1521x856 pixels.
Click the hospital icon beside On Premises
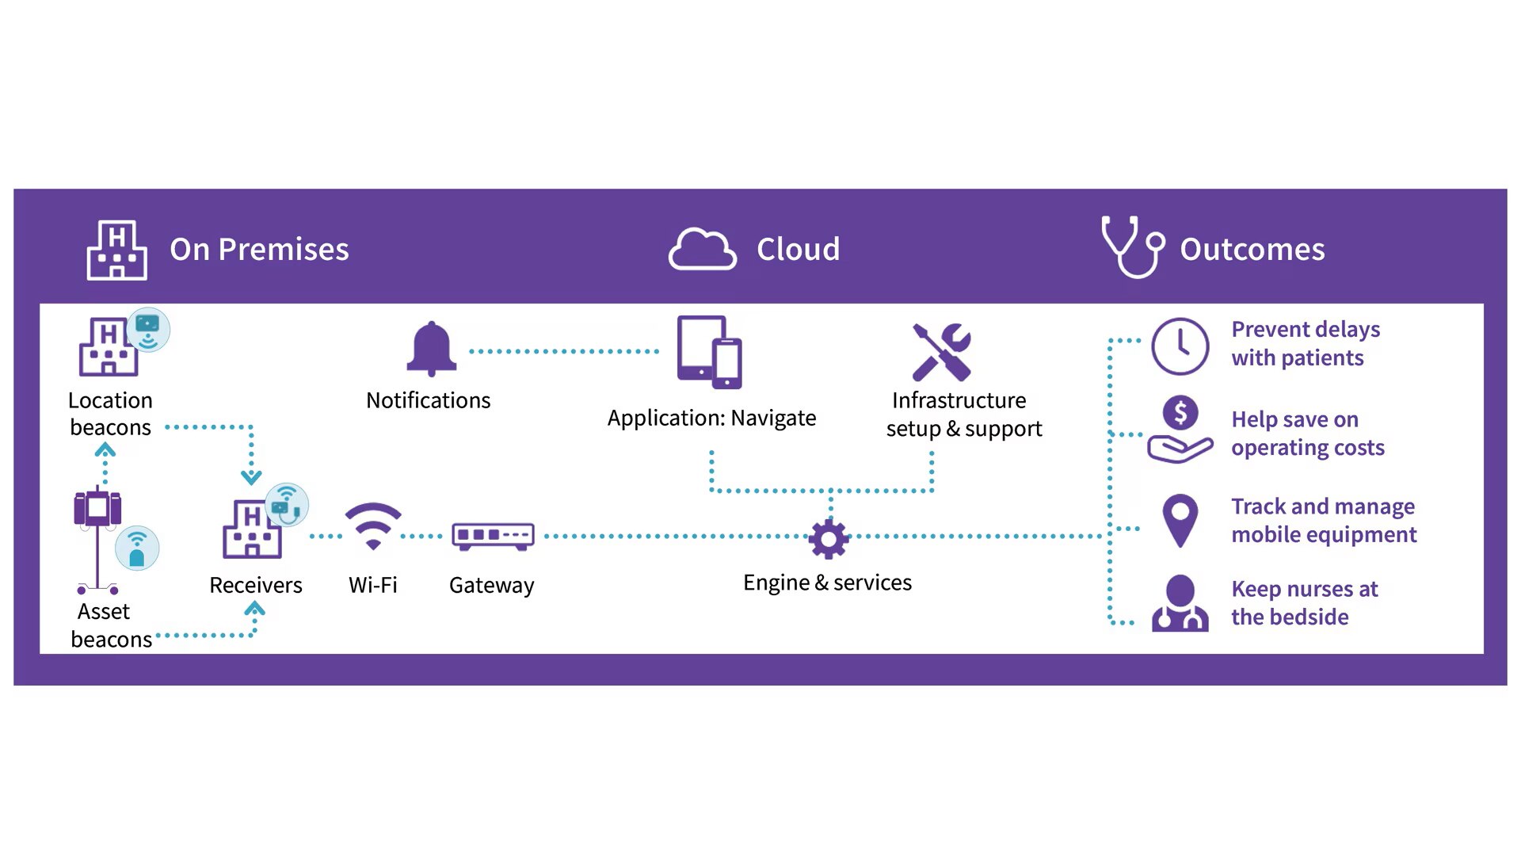click(116, 250)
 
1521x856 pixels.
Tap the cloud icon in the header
click(702, 250)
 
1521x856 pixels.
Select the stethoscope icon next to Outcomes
click(1133, 247)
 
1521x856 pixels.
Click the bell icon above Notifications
click(431, 349)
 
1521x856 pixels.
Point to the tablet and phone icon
click(709, 352)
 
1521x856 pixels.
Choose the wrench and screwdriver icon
click(941, 352)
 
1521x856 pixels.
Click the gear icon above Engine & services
click(829, 539)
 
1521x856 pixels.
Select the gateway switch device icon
click(493, 536)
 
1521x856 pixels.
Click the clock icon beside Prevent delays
click(1180, 346)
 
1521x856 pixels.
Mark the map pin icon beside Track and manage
click(1180, 520)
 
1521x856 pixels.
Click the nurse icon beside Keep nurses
click(1180, 603)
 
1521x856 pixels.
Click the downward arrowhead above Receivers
click(251, 477)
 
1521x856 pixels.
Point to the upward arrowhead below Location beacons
click(105, 450)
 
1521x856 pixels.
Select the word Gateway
click(491, 586)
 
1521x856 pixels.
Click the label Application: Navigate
click(711, 418)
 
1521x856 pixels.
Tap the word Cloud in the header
click(798, 250)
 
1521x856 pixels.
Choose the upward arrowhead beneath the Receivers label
click(254, 609)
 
